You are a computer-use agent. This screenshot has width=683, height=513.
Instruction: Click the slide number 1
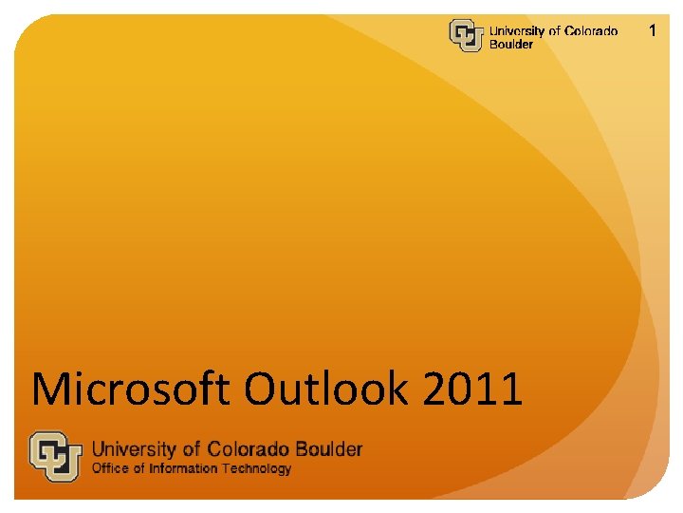pos(652,31)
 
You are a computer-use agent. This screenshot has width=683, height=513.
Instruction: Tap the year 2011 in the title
pos(472,389)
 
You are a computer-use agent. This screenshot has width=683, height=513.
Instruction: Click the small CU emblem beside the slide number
pos(466,36)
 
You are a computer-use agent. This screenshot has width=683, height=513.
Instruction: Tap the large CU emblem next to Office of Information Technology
pos(55,456)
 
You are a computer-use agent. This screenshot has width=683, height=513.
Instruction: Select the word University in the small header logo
pos(517,31)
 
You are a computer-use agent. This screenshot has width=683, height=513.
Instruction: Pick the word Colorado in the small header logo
pos(591,31)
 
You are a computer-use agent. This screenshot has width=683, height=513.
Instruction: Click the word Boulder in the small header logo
pos(510,45)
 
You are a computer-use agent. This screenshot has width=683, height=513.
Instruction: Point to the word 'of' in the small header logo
pos(555,31)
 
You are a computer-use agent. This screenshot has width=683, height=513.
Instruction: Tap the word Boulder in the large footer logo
pos(330,448)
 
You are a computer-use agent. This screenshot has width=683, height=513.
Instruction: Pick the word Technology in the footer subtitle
pos(255,468)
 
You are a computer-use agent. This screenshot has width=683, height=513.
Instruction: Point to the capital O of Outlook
pos(263,389)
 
